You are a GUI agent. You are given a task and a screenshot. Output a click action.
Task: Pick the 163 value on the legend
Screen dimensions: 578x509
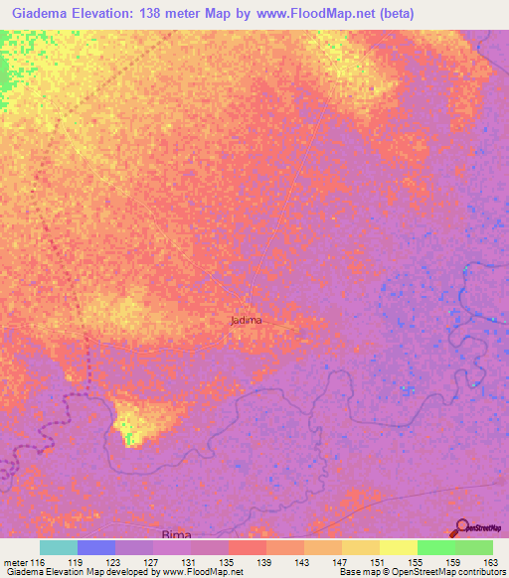coord(473,561)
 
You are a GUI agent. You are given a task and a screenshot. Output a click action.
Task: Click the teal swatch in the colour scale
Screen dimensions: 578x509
coord(58,547)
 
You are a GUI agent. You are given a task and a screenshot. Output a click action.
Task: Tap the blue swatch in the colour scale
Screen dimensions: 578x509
coord(95,547)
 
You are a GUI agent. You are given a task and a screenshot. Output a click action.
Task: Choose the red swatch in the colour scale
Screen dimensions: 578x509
coord(247,547)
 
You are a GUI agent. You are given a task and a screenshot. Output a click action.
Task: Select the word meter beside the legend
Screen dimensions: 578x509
coord(14,561)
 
